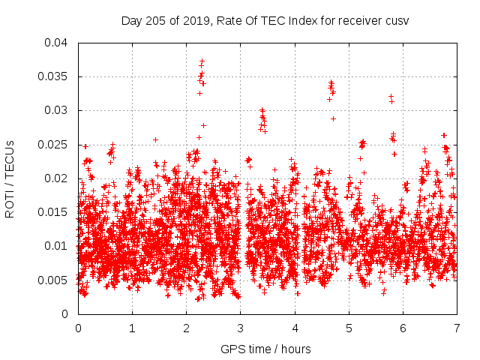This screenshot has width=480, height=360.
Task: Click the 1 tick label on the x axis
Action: pos(132,328)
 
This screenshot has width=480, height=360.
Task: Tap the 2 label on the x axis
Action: pos(186,328)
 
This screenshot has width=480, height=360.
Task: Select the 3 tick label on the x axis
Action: pos(240,328)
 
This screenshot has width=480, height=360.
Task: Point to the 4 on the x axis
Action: pos(294,328)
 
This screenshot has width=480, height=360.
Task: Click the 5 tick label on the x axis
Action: pos(348,328)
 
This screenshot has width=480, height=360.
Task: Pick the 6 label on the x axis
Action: pos(402,328)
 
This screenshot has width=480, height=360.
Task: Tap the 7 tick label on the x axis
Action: pos(456,328)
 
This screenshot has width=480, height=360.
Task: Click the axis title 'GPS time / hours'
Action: pos(266,349)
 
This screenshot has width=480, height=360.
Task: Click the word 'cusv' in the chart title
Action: pos(397,20)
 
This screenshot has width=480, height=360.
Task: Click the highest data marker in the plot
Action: pos(202,61)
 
